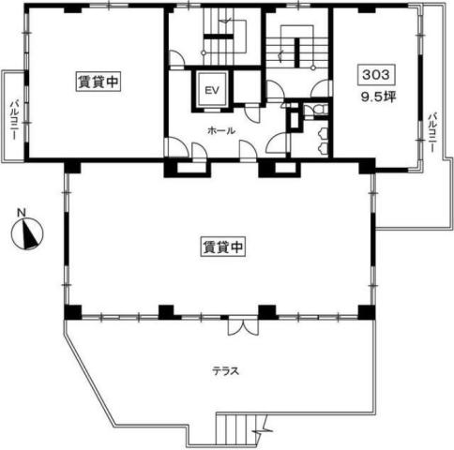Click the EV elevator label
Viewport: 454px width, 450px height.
pyautogui.click(x=212, y=90)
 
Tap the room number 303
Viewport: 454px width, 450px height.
pyautogui.click(x=376, y=75)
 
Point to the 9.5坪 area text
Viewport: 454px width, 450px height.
pyautogui.click(x=379, y=97)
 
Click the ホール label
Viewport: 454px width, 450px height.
pyautogui.click(x=221, y=130)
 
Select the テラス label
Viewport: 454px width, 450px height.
pyautogui.click(x=226, y=371)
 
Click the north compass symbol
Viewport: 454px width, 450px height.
pyautogui.click(x=27, y=233)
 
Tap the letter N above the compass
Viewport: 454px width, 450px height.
pyautogui.click(x=22, y=213)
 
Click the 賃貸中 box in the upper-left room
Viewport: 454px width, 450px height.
pyautogui.click(x=98, y=82)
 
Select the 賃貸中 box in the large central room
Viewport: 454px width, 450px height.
pyautogui.click(x=222, y=247)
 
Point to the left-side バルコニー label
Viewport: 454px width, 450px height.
pyautogui.click(x=14, y=120)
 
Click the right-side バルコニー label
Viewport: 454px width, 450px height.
pyautogui.click(x=432, y=132)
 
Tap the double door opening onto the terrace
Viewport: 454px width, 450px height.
pyautogui.click(x=243, y=326)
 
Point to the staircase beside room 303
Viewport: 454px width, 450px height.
pyautogui.click(x=297, y=47)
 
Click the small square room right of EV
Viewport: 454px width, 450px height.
pyautogui.click(x=247, y=87)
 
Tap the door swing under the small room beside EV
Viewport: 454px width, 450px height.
pyautogui.click(x=252, y=114)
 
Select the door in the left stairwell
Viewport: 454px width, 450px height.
pyautogui.click(x=176, y=58)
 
